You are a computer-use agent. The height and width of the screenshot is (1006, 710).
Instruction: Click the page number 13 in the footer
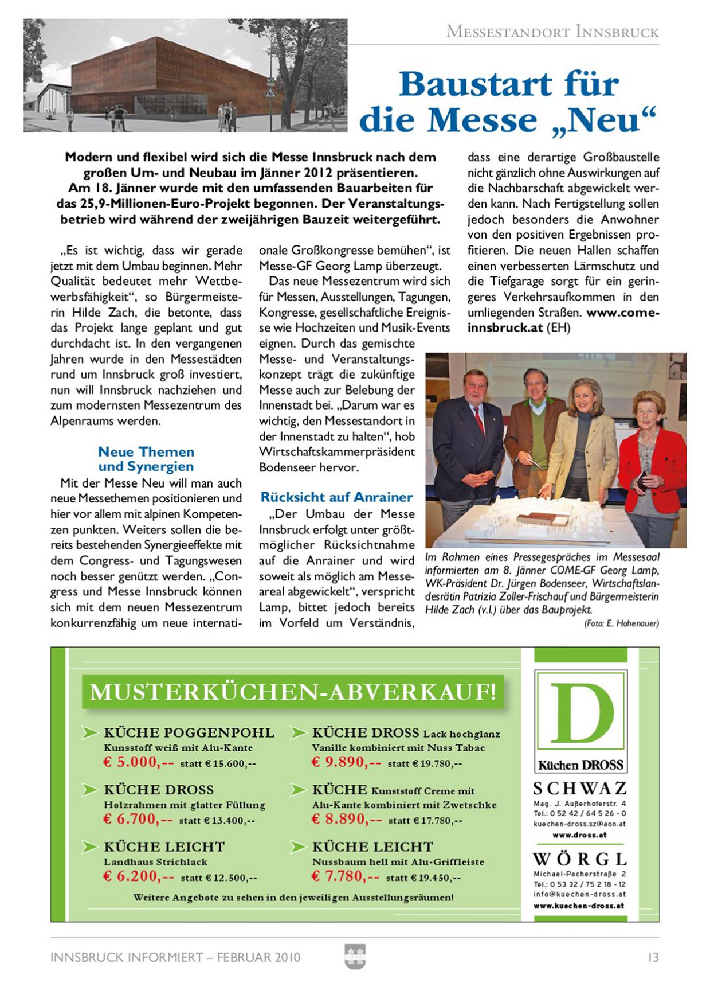[x=653, y=957]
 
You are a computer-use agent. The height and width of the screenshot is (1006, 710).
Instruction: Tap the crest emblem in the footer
[x=355, y=956]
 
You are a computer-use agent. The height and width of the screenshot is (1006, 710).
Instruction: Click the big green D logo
[x=581, y=713]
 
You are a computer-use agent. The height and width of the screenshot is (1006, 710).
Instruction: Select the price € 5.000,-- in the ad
[x=138, y=762]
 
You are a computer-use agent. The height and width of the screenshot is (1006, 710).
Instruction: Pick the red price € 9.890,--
[x=346, y=762]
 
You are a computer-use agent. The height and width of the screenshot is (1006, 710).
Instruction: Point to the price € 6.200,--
[x=138, y=876]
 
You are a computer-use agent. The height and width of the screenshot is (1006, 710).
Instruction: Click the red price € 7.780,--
[x=346, y=876]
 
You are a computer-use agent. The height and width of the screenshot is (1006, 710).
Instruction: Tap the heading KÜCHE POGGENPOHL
[x=189, y=733]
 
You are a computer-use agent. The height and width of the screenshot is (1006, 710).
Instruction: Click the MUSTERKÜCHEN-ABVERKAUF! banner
[x=292, y=692]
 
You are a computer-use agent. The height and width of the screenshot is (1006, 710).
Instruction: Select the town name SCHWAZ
[x=580, y=789]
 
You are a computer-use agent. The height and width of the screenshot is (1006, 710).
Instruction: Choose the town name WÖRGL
[x=580, y=859]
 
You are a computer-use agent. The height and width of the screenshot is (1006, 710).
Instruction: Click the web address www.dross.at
[x=579, y=835]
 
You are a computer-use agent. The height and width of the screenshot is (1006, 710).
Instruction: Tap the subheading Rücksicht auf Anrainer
[x=336, y=497]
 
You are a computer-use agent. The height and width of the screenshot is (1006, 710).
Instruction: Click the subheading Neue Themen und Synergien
[x=146, y=459]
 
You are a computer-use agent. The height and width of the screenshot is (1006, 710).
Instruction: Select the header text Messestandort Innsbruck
[x=552, y=32]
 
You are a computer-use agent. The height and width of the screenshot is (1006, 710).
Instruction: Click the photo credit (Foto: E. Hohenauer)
[x=621, y=623]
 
